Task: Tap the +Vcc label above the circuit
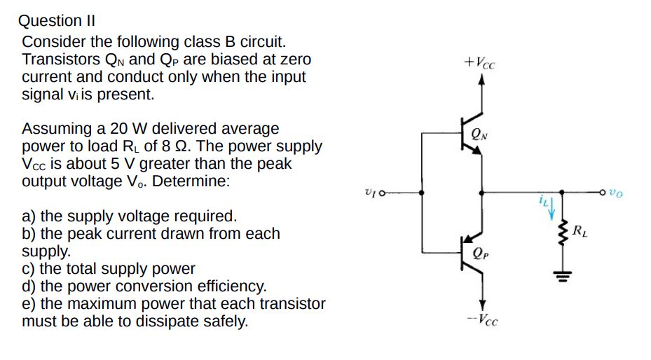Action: click(x=480, y=61)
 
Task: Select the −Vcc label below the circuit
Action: click(x=482, y=321)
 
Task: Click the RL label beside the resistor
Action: click(x=581, y=230)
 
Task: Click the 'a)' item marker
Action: click(x=29, y=216)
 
